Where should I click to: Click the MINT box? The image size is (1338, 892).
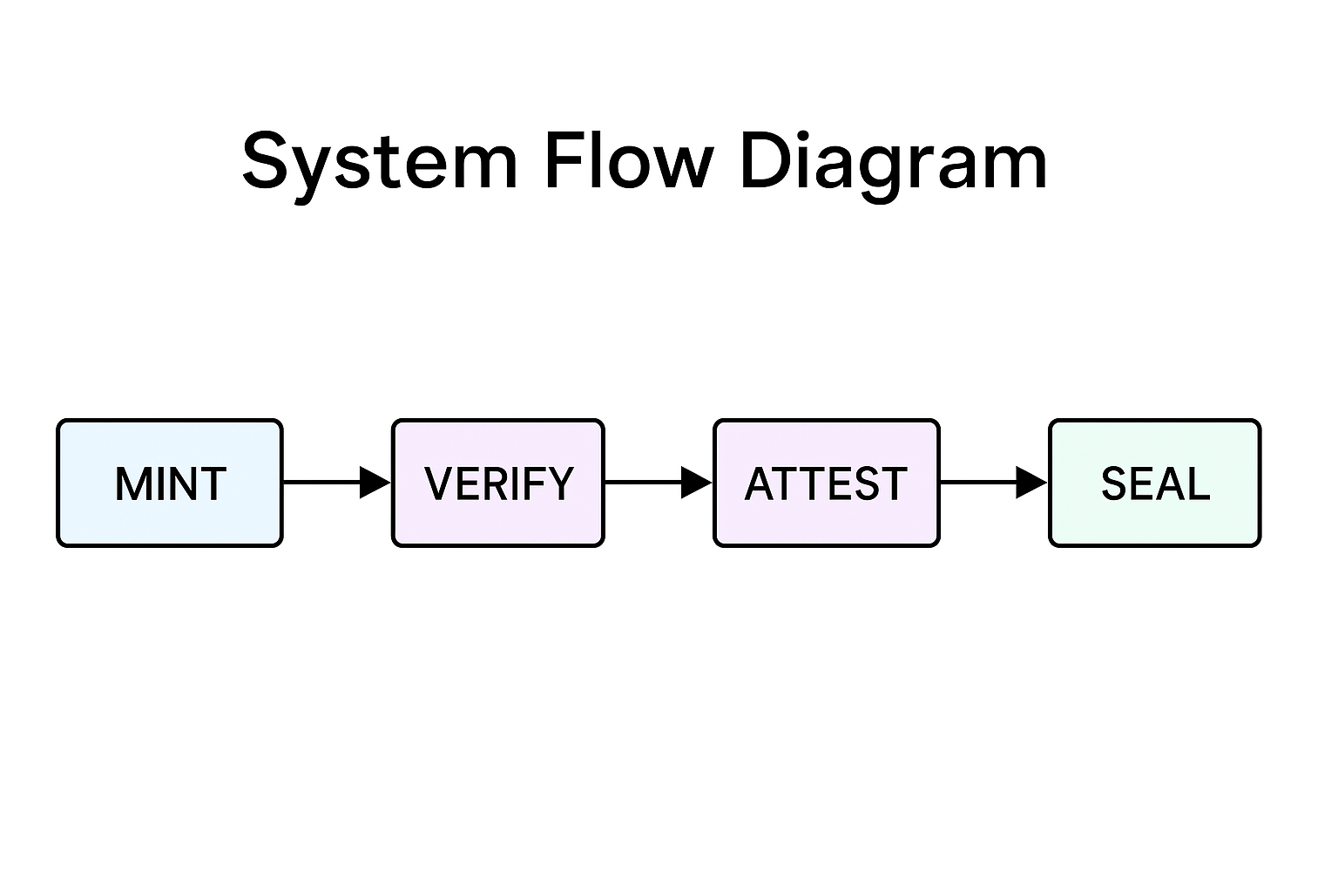click(x=170, y=483)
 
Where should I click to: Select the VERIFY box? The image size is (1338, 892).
click(x=497, y=483)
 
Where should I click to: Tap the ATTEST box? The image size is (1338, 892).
click(x=826, y=483)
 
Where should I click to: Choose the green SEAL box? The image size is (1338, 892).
click(x=1154, y=483)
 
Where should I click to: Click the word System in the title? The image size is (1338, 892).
click(x=380, y=162)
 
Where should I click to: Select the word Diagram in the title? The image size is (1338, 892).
click(x=893, y=162)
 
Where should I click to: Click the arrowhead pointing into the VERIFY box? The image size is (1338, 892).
click(x=375, y=482)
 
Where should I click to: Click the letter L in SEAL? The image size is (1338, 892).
click(x=1198, y=484)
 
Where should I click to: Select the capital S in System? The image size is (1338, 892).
click(x=265, y=162)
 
